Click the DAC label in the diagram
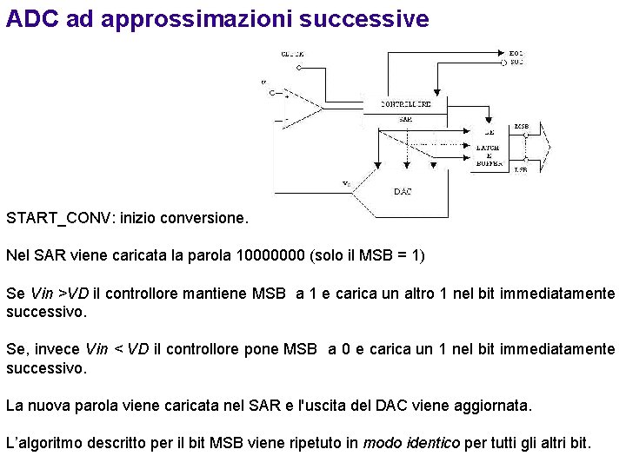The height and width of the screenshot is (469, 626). [403, 191]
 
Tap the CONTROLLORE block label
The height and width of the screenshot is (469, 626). [406, 104]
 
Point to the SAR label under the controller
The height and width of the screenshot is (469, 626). [406, 119]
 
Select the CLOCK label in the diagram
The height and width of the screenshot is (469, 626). [292, 54]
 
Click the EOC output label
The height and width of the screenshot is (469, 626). [516, 54]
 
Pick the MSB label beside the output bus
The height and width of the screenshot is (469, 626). [521, 127]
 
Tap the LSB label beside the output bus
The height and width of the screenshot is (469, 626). [521, 170]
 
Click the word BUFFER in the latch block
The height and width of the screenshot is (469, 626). [489, 163]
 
